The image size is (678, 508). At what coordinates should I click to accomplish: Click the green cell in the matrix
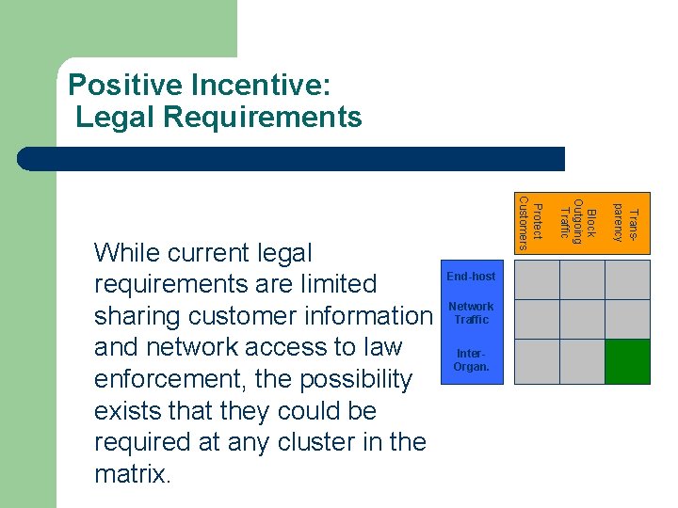point(627,361)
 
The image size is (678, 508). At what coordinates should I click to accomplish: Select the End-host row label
point(471,276)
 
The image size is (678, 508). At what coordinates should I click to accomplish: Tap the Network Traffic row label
point(471,313)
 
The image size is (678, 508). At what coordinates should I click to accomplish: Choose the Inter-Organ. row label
point(471,360)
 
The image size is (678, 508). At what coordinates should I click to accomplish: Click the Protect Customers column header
point(531,224)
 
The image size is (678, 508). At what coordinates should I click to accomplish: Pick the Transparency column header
point(626,223)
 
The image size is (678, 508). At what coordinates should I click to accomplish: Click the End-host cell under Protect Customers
point(537,279)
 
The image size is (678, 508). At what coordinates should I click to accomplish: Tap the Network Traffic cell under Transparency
point(627,319)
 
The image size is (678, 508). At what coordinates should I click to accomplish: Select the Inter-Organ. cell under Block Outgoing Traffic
point(582,361)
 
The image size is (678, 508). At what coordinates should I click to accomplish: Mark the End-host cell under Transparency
point(627,279)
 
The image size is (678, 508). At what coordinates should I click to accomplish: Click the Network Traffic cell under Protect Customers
point(537,319)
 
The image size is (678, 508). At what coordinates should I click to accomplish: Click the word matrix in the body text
point(133,474)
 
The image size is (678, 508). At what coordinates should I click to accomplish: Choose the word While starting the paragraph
point(125,252)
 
